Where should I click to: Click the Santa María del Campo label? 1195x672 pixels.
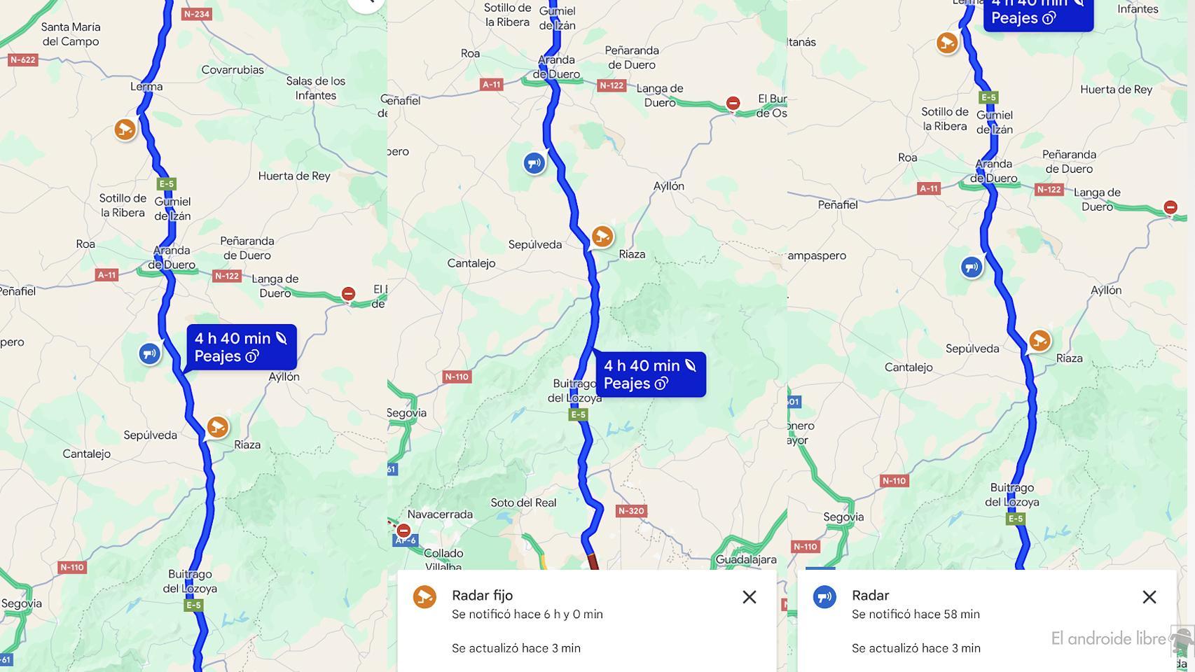click(71, 34)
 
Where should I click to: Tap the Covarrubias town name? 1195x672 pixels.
click(233, 70)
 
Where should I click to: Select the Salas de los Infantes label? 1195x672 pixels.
click(315, 88)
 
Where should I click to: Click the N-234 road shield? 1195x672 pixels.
click(196, 14)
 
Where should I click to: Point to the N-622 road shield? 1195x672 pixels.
click(22, 60)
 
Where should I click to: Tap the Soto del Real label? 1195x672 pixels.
click(523, 503)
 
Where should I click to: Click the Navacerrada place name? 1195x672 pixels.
click(440, 514)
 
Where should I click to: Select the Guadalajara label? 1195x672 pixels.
click(746, 560)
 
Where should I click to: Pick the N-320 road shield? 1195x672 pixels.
click(630, 511)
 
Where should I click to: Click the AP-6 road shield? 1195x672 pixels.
click(406, 541)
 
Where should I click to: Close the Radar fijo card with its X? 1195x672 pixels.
click(749, 597)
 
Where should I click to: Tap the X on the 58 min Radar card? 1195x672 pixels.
click(1149, 597)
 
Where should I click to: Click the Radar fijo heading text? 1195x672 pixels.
click(482, 596)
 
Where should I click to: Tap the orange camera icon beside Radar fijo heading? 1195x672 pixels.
click(424, 597)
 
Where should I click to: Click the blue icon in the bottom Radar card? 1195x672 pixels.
click(824, 597)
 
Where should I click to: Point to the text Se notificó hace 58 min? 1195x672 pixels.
click(916, 615)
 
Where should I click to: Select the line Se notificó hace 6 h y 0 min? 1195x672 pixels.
click(527, 615)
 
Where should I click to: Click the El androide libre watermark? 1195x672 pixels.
click(1108, 638)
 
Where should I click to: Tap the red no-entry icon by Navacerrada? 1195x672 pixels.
click(403, 531)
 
